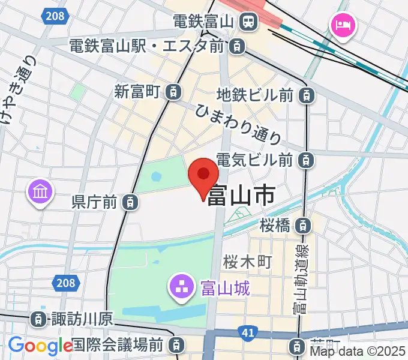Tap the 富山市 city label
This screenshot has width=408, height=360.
pyautogui.click(x=241, y=196)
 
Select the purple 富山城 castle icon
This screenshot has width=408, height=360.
pyautogui.click(x=181, y=287)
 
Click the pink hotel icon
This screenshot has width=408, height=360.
pyautogui.click(x=344, y=26)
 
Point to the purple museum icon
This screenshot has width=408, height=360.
pyautogui.click(x=41, y=193)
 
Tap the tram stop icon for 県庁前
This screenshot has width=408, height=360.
pyautogui.click(x=130, y=202)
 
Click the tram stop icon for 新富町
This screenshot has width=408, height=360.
pyautogui.click(x=173, y=92)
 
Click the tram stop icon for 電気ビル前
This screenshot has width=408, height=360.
pyautogui.click(x=306, y=160)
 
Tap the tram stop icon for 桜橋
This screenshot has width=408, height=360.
pyautogui.click(x=305, y=226)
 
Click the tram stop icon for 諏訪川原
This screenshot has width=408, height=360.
pyautogui.click(x=38, y=319)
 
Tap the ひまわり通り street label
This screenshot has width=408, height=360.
pyautogui.click(x=238, y=122)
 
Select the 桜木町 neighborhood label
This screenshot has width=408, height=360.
pyautogui.click(x=248, y=262)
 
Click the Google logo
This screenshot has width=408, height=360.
pyautogui.click(x=40, y=346)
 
